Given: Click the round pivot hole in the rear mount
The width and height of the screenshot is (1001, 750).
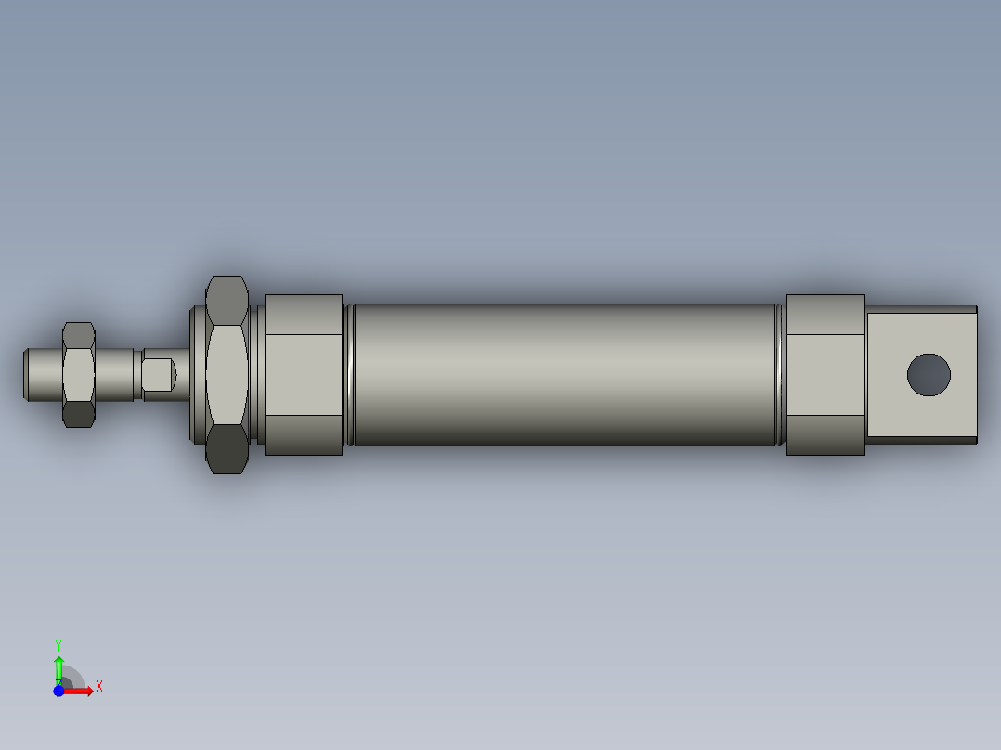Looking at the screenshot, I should point(929,374).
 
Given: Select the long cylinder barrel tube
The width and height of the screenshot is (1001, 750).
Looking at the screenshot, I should point(565,374).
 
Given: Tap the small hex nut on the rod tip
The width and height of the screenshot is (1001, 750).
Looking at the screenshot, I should point(79,374).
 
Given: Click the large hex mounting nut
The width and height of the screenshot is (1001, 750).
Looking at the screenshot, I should point(227,374).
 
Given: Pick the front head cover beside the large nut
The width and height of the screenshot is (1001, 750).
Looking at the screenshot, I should point(304,374).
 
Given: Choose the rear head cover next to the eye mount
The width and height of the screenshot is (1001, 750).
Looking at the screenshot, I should point(825,374).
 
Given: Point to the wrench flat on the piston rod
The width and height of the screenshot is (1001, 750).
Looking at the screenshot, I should point(159,374).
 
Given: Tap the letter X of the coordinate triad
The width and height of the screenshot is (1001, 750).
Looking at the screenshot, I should point(99,687).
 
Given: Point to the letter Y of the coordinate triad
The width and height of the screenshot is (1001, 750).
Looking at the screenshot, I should point(58,644).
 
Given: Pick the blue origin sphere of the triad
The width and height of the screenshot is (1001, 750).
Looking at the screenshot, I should point(58,691).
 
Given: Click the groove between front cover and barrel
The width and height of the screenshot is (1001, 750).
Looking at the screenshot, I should point(349,374).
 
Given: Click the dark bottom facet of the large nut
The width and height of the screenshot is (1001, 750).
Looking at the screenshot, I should point(227,449).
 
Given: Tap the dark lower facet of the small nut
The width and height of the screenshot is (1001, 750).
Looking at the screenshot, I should point(79,413).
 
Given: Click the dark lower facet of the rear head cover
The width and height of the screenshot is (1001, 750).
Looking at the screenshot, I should point(825,434).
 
